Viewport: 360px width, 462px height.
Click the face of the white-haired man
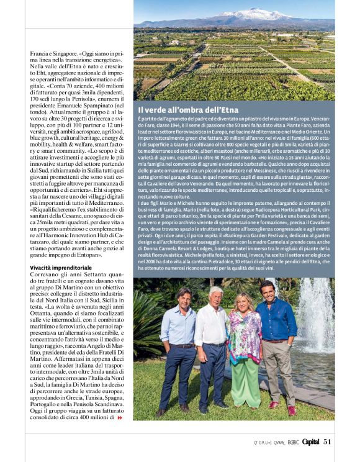(215, 296)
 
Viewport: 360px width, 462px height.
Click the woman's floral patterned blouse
(244, 336)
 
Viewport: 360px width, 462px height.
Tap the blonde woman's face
(243, 302)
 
